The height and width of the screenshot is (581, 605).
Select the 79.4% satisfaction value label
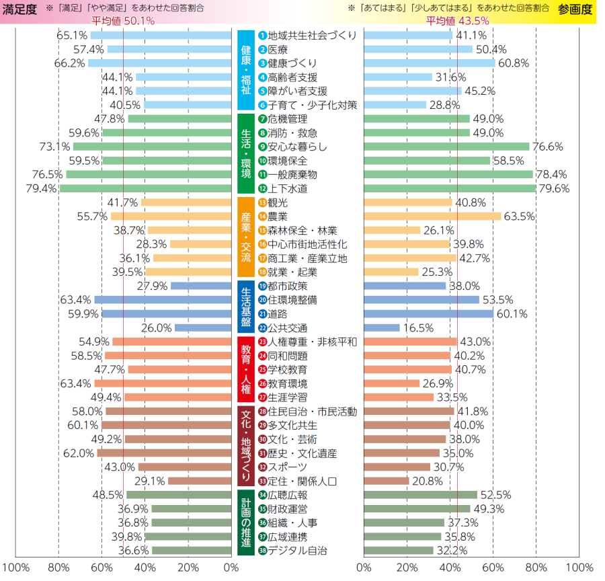(x=41, y=189)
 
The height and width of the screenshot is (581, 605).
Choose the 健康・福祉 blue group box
(x=245, y=70)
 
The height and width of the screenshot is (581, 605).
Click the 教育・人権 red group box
(x=245, y=370)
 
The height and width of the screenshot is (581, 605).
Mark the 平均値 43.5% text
(x=457, y=21)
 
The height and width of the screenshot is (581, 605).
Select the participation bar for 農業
(x=432, y=217)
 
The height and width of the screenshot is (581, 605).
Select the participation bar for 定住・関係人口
(x=387, y=481)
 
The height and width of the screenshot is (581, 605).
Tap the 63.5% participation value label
(x=519, y=217)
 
